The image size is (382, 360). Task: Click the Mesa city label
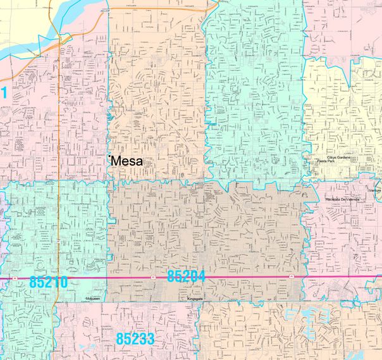(128, 161)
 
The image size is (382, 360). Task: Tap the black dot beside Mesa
(110, 156)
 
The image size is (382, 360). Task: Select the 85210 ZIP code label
(48, 282)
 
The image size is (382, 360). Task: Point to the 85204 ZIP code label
(187, 276)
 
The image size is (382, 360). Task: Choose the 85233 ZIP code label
(135, 339)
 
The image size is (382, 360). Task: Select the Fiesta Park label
(326, 161)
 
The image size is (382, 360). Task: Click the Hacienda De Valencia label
(343, 199)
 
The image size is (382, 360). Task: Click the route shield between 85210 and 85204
(152, 276)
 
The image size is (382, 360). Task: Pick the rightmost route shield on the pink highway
(293, 276)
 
